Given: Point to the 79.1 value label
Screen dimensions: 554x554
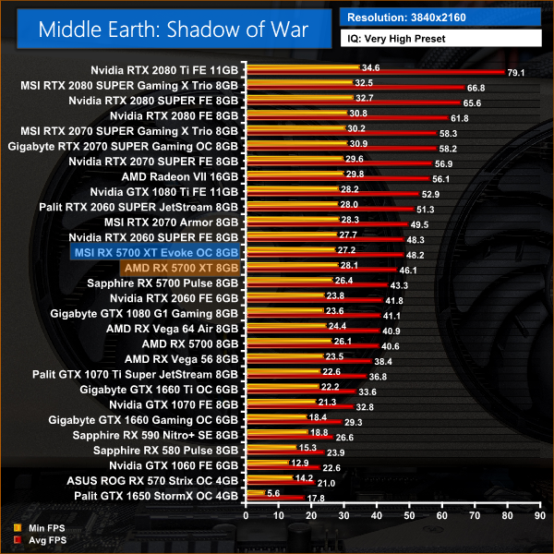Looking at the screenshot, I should [515, 73].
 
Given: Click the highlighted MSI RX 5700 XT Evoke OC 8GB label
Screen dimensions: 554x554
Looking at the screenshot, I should [154, 251].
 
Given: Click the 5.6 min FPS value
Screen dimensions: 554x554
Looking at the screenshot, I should [273, 492].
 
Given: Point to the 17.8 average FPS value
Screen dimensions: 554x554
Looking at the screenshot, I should [315, 499].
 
